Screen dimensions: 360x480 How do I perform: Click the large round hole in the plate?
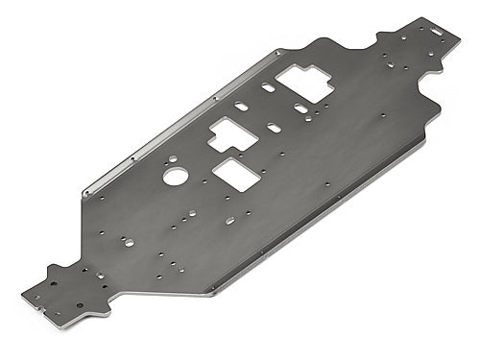pos(175,176)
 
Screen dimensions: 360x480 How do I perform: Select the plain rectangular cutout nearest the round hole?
pos(233,174)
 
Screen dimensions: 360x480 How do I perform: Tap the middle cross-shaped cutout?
pos(231,136)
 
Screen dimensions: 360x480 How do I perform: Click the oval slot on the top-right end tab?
pos(441,29)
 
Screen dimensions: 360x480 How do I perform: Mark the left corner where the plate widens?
pos(84,195)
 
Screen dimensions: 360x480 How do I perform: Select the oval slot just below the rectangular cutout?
pos(229,221)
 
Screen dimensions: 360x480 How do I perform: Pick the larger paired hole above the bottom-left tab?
pos(100,276)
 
